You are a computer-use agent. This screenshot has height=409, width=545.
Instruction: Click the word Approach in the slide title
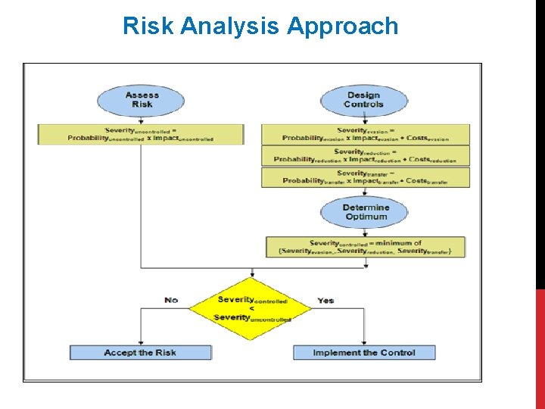click(342, 27)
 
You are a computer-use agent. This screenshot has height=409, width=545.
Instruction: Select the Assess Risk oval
click(142, 100)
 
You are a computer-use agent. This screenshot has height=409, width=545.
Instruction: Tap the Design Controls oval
click(363, 100)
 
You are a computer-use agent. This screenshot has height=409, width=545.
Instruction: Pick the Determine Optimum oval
click(366, 212)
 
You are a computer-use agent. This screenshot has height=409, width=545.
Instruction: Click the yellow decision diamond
click(251, 309)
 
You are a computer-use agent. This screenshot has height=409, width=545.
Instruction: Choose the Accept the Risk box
click(140, 353)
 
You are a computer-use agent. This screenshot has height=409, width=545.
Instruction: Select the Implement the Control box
click(364, 353)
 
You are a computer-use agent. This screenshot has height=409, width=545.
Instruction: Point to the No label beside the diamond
click(171, 301)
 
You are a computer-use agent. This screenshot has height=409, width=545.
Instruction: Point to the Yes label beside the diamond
click(325, 301)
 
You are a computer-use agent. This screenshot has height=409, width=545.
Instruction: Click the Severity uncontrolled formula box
click(141, 134)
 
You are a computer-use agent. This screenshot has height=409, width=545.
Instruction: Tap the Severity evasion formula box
click(366, 134)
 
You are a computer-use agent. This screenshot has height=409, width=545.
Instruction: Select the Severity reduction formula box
click(366, 156)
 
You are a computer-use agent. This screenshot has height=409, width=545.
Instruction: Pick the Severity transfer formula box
click(366, 177)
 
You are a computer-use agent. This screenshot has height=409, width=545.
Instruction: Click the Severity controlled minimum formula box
click(366, 247)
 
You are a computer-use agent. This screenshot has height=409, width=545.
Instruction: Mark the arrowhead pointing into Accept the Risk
click(141, 342)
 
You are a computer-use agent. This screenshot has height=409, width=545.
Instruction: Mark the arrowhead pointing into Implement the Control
click(364, 342)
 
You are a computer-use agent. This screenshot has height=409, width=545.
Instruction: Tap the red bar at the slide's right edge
click(540, 348)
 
